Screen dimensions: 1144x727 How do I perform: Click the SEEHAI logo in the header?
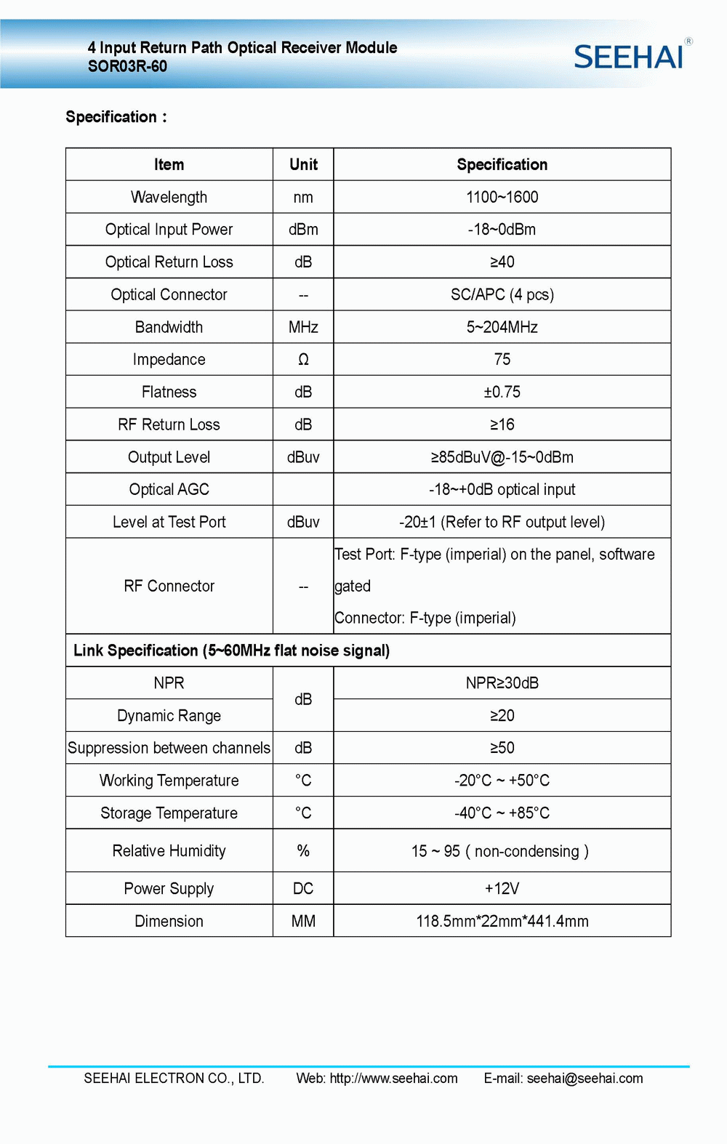630,57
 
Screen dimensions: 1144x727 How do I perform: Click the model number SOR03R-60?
127,67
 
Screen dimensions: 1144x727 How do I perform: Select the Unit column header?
303,165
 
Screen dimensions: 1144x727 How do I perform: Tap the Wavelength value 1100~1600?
502,197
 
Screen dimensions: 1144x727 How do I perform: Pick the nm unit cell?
303,197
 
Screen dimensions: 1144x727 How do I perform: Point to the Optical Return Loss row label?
169,262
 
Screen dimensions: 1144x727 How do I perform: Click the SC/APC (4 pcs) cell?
502,294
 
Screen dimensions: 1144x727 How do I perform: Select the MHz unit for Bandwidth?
303,327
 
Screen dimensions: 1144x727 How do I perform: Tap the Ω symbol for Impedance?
303,360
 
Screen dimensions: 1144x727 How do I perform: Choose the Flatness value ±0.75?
502,392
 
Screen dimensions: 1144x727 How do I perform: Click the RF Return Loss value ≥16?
502,424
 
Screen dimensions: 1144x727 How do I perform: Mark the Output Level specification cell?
502,457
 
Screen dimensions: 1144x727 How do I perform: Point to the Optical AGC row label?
169,490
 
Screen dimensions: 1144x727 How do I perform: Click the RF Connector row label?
169,586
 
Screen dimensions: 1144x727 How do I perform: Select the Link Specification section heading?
231,650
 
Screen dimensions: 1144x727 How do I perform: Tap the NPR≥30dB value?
502,683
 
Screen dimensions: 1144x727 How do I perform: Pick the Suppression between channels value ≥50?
502,748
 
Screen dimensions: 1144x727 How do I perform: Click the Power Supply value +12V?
502,889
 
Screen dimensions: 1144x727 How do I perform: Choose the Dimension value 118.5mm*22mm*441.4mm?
502,922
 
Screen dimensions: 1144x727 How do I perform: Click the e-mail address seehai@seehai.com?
585,1079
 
